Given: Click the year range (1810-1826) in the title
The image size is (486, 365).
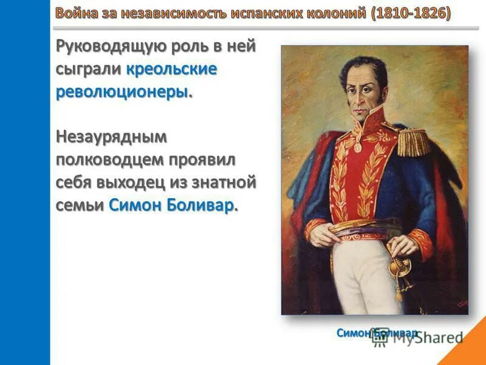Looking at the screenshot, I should tap(411, 13).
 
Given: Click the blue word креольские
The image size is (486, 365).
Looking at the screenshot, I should tap(172, 69).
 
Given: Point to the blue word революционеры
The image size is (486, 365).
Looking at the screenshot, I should tap(123, 92).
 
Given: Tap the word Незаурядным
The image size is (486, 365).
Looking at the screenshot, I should tap(111, 137).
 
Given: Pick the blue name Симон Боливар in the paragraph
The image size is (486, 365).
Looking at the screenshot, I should tap(172, 206).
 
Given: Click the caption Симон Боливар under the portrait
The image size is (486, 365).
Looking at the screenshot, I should tap(377, 333).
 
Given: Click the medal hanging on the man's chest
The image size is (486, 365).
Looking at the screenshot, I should tap(358, 145).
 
